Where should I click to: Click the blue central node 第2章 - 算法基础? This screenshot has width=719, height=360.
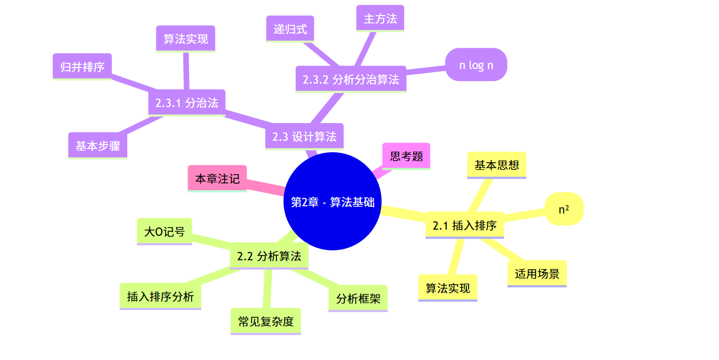tap(332, 202)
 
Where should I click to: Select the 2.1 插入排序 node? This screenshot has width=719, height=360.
tap(464, 225)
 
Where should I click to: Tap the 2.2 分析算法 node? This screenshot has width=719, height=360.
tap(269, 256)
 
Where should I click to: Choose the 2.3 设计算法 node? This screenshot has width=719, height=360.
tap(304, 136)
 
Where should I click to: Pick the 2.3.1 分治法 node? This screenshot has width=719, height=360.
tap(187, 102)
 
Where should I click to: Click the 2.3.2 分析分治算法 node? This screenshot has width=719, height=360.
tap(351, 79)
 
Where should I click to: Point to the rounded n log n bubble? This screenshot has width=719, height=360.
tap(476, 65)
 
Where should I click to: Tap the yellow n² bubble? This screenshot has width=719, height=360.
tap(564, 209)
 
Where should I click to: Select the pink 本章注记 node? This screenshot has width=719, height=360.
tap(217, 179)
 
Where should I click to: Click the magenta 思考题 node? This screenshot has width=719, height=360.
tap(406, 156)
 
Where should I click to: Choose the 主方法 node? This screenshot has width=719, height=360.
tap(380, 19)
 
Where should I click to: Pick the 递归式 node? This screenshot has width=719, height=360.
tap(290, 29)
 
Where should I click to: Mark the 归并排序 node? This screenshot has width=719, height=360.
tap(82, 66)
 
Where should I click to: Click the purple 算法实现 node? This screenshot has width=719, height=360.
tap(185, 39)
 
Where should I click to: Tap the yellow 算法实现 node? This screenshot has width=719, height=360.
tap(448, 288)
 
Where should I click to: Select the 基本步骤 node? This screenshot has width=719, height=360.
tap(98, 145)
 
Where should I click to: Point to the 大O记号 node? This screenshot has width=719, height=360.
tap(164, 231)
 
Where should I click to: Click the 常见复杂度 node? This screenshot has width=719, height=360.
tap(265, 321)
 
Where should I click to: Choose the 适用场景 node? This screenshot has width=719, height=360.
tap(537, 273)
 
